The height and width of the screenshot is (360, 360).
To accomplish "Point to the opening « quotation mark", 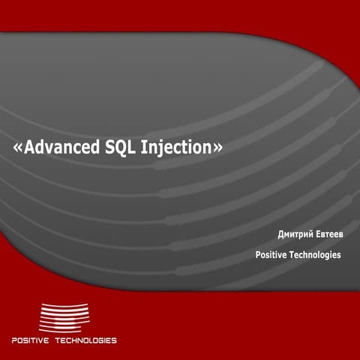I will tap(18, 148).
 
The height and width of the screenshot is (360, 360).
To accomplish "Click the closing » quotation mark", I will tap(217, 148).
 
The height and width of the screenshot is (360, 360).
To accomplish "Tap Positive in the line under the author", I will tap(272, 255).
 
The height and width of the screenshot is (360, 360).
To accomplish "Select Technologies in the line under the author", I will tap(316, 255).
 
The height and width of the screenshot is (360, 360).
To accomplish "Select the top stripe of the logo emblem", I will tap(64, 304).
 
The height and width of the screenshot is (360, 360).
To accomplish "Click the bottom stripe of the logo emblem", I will tap(64, 330).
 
